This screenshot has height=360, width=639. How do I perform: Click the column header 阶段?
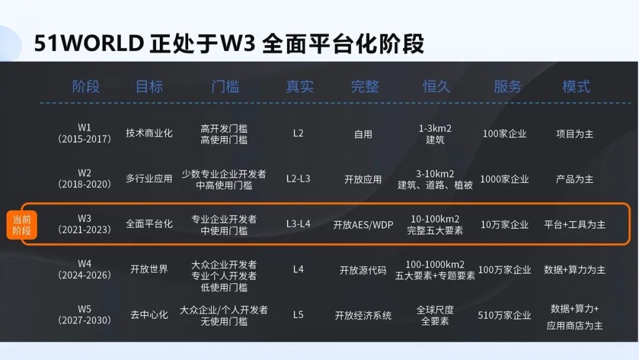click(x=86, y=86)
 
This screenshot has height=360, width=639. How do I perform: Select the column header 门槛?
click(x=225, y=86)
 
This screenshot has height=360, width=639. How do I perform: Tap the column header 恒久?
click(x=436, y=86)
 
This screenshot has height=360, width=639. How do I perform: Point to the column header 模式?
click(x=576, y=86)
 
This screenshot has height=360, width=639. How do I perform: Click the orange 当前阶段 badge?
click(x=22, y=225)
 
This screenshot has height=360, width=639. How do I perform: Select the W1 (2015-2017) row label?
click(x=85, y=133)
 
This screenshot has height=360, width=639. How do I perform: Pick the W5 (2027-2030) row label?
click(x=85, y=315)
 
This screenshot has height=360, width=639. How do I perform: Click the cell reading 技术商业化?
click(x=149, y=133)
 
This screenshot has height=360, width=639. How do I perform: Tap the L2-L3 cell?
click(x=298, y=179)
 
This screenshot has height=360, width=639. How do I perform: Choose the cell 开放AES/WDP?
click(x=363, y=224)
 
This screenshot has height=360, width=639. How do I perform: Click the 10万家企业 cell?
click(x=505, y=224)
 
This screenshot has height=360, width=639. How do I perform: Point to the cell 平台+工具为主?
click(x=575, y=224)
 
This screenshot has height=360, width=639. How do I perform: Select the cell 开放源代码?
click(x=363, y=271)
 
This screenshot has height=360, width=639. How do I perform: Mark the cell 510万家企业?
click(x=505, y=315)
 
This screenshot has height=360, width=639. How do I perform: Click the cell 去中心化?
click(x=149, y=315)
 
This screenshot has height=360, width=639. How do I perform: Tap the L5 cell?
click(x=298, y=315)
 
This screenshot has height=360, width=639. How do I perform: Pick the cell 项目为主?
click(x=575, y=134)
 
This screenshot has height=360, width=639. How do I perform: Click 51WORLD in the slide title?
click(x=89, y=43)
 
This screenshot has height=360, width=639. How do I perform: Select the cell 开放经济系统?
click(x=363, y=316)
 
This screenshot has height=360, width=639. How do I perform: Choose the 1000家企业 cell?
click(x=505, y=179)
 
